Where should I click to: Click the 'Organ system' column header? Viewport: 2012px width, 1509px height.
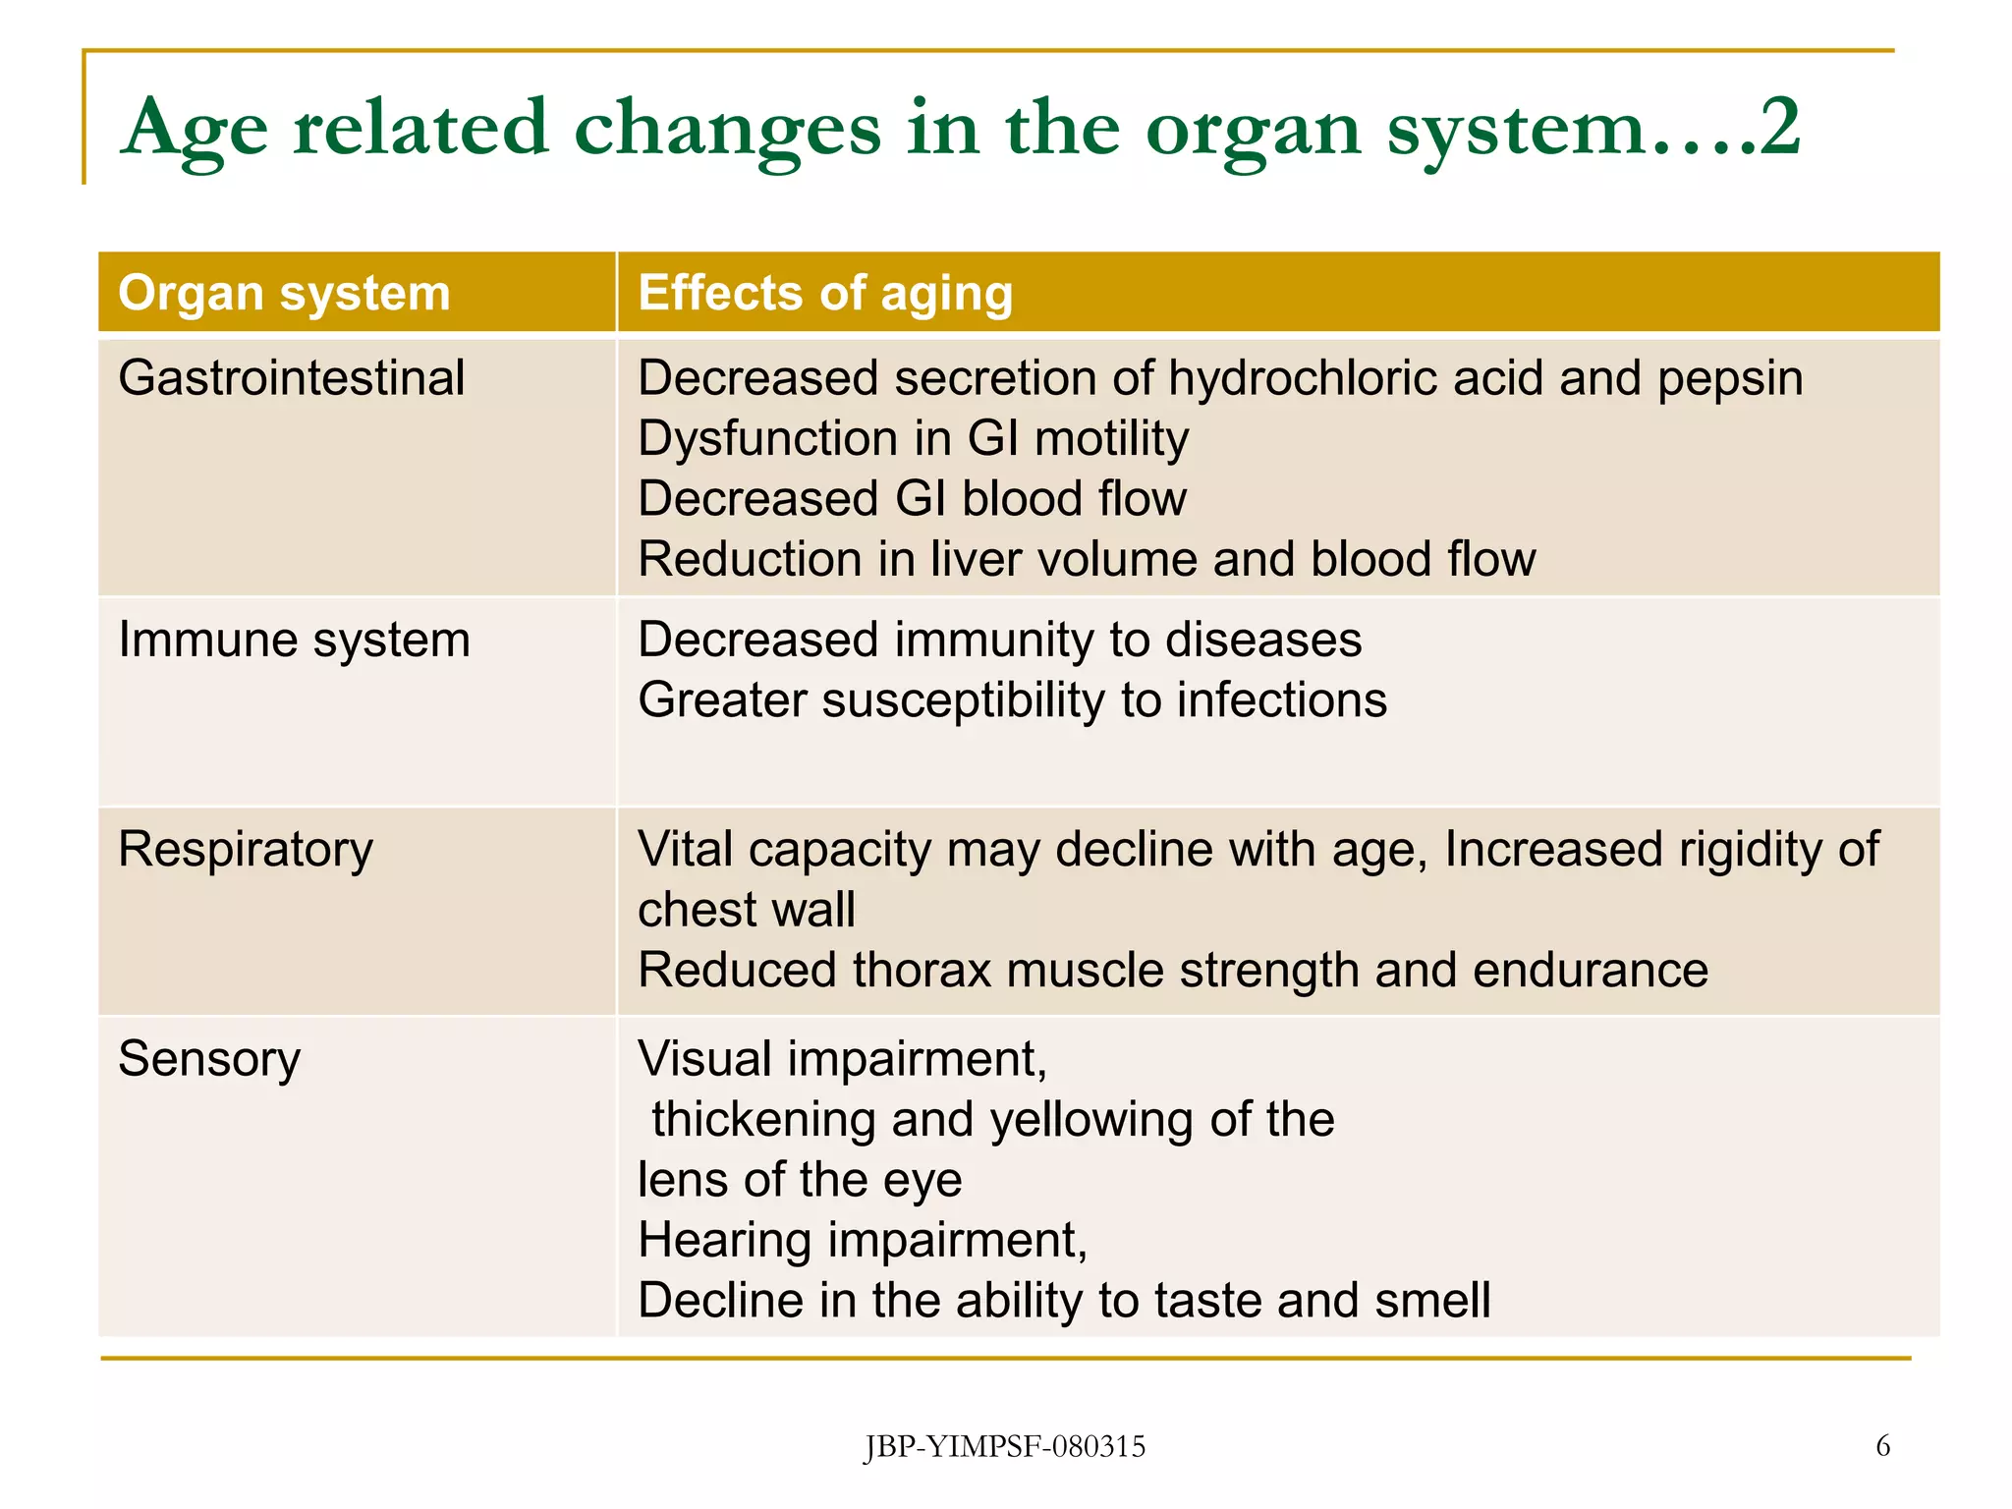pyautogui.click(x=284, y=294)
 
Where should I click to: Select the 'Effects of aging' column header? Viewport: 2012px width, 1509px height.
pyautogui.click(x=825, y=294)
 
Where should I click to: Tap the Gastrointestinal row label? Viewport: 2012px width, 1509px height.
pyautogui.click(x=291, y=378)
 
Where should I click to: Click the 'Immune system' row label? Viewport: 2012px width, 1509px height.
pyautogui.click(x=294, y=641)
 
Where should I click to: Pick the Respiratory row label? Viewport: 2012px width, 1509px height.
pyautogui.click(x=246, y=850)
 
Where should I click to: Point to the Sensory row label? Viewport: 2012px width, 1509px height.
pyautogui.click(x=209, y=1059)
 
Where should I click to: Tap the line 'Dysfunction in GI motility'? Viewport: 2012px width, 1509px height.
pyautogui.click(x=913, y=439)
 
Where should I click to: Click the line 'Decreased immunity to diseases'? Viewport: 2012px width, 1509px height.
pyautogui.click(x=999, y=641)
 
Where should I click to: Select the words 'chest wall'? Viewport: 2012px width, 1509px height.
pyautogui.click(x=746, y=910)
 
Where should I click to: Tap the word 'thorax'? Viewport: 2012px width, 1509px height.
pyautogui.click(x=922, y=971)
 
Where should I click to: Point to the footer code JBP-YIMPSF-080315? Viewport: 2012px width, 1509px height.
pyautogui.click(x=1004, y=1446)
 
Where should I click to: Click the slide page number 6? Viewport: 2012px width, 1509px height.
pyautogui.click(x=1882, y=1445)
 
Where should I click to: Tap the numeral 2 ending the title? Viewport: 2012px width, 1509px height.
pyautogui.click(x=1779, y=128)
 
